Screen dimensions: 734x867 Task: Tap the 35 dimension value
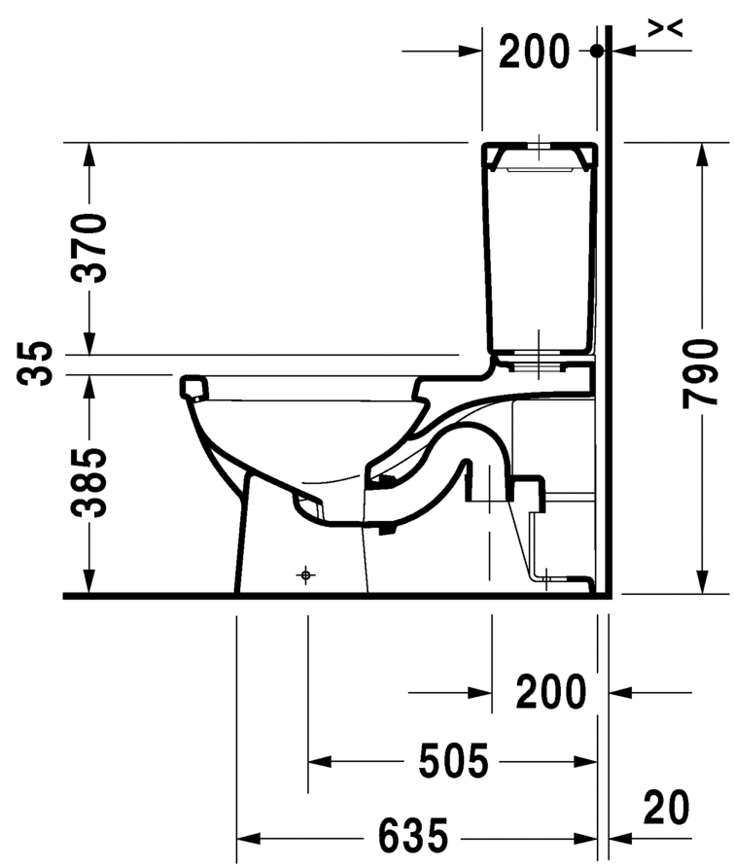coord(34,364)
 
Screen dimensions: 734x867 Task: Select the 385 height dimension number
coord(89,483)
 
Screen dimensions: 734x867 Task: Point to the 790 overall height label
coord(700,373)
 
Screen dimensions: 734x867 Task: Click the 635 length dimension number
coord(412,835)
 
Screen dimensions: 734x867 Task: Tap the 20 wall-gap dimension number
coord(667,808)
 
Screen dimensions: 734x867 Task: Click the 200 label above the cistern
coord(534,52)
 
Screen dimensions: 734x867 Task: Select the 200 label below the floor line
coord(550,691)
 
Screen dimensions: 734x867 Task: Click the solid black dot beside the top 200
coord(596,51)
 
